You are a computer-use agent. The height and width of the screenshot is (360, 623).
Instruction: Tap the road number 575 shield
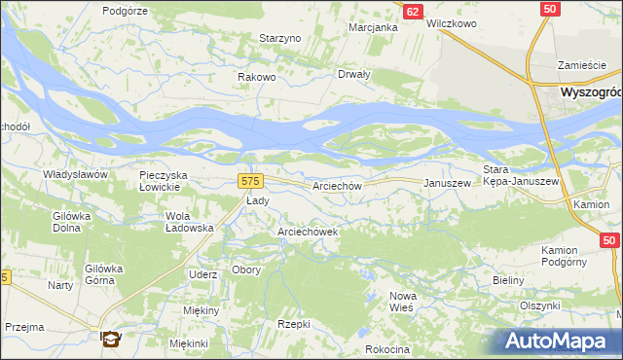(x=250, y=181)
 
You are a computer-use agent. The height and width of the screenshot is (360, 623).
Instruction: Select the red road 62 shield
(x=413, y=11)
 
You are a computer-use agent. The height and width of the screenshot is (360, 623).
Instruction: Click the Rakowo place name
(x=258, y=77)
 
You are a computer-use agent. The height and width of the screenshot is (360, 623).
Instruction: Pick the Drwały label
(x=353, y=74)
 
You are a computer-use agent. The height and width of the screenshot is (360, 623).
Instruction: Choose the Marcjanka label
(x=374, y=27)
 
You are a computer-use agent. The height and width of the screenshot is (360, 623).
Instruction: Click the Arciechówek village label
(x=308, y=232)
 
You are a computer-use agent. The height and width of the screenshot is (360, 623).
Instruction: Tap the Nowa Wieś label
(x=402, y=301)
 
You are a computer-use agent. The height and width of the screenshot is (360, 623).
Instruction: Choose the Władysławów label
(x=74, y=173)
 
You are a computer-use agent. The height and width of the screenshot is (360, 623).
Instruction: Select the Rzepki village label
(x=293, y=324)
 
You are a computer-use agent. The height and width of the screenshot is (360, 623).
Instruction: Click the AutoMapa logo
(x=559, y=342)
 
